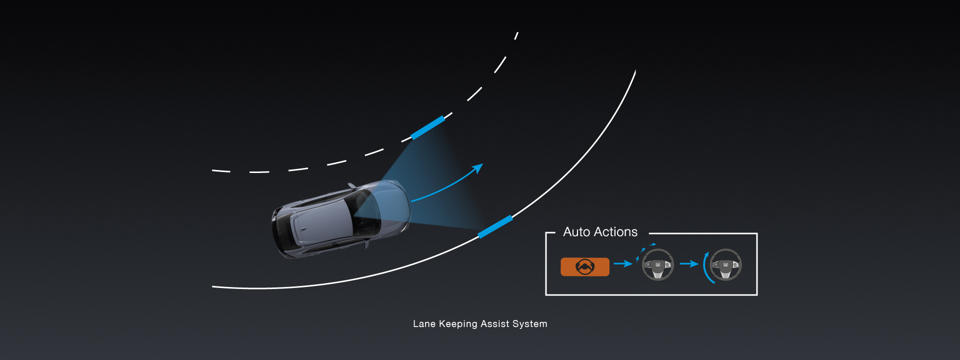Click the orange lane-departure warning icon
point(584,267)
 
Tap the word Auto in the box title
point(576,232)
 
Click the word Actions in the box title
point(615,232)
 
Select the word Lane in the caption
point(424,324)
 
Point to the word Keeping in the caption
point(457,324)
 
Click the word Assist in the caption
point(494,324)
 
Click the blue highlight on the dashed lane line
point(427,127)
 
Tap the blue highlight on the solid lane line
point(495,226)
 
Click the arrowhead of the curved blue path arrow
point(479,167)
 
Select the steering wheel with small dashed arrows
point(657,264)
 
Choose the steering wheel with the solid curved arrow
point(725,264)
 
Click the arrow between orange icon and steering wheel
point(622,263)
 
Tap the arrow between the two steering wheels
point(689,263)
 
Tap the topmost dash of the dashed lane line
point(516,35)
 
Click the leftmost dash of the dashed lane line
point(221,171)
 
